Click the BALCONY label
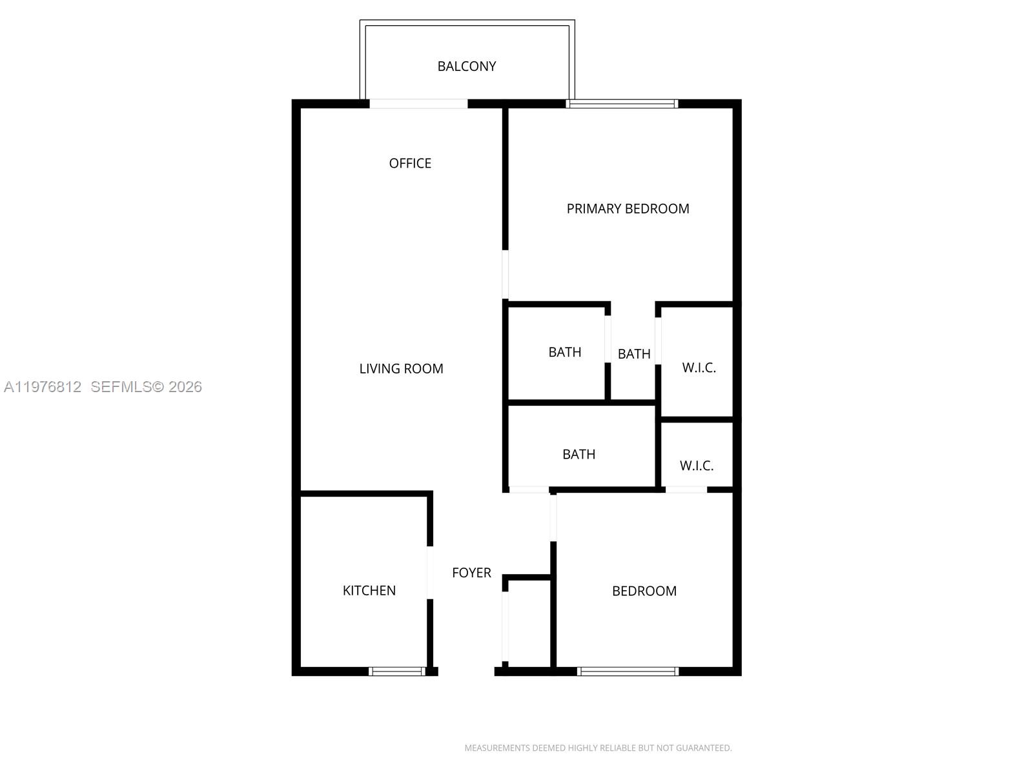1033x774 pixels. pos(466,66)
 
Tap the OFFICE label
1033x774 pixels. pos(410,163)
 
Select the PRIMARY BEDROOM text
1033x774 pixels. pos(628,208)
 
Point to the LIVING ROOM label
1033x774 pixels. pos(401,368)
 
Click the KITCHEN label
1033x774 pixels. pos(369,590)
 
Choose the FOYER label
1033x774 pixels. pos(471,573)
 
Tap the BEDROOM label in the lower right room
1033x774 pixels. pos(644,591)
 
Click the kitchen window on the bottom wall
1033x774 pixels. pos(397,671)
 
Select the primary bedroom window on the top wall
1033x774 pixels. pos(622,103)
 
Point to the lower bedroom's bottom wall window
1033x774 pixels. pos(628,671)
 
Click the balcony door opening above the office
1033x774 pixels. pos(418,103)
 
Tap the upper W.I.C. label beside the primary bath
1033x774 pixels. pos(699,368)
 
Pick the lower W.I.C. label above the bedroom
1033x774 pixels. pos(697,466)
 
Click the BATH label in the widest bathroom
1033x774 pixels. pos(578,454)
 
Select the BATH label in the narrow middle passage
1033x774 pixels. pos(633,354)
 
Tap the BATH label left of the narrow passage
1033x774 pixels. pos(564,352)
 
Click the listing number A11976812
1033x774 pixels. pos(43,387)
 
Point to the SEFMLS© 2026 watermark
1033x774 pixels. pos(146,387)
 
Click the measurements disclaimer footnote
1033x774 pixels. pos(598,748)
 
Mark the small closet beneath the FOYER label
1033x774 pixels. pos(529,622)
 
